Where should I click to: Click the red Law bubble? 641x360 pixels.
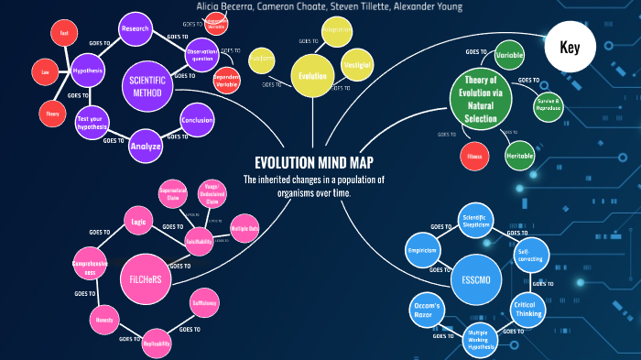point(44,71)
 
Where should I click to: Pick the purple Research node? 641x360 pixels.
point(135,28)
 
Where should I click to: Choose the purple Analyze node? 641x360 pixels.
point(146,146)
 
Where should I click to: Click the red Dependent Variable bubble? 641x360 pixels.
point(226,80)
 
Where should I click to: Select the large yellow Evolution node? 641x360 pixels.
point(311,76)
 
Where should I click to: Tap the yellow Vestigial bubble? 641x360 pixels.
point(355,66)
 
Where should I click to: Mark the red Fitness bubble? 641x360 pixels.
point(473,156)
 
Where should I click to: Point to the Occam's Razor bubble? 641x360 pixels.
point(426,309)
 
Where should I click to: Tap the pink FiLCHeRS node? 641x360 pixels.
point(145,278)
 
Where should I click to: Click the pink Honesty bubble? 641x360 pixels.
point(102,321)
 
